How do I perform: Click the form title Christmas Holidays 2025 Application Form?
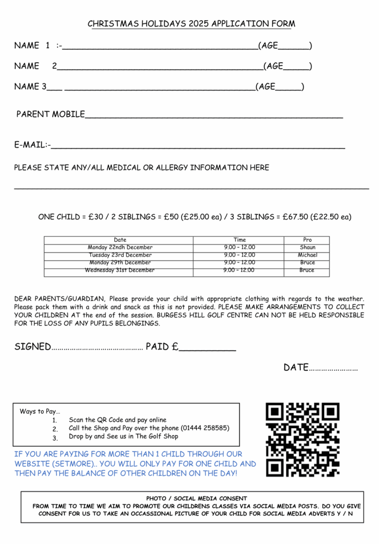[x=191, y=24]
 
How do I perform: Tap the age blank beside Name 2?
[x=296, y=69]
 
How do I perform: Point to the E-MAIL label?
[x=31, y=144]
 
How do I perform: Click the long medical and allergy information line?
[x=191, y=188]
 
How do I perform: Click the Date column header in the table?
[x=120, y=240]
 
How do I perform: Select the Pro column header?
[x=307, y=240]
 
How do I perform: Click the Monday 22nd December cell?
[x=120, y=248]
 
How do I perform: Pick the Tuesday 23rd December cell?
[x=120, y=255]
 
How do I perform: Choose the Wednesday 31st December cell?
[x=120, y=270]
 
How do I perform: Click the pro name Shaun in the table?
[x=307, y=248]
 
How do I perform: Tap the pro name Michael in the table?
[x=307, y=255]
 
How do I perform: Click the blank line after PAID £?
[x=207, y=350]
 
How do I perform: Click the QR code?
[x=302, y=439]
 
